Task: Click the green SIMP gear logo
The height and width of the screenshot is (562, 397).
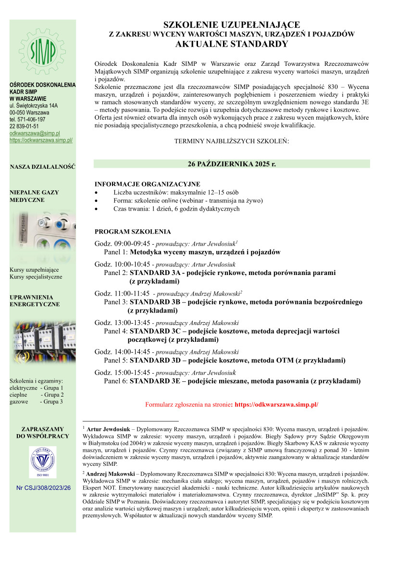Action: (x=42, y=50)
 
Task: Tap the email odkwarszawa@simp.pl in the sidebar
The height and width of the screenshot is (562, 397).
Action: (x=35, y=133)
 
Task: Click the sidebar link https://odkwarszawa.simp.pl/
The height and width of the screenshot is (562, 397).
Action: (x=41, y=140)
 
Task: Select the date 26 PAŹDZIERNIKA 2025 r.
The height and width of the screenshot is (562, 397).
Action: (x=232, y=164)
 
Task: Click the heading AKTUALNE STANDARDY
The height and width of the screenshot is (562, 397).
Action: (x=232, y=44)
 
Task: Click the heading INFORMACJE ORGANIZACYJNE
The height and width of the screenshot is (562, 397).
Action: (x=147, y=184)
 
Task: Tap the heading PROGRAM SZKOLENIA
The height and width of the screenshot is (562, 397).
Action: (x=133, y=232)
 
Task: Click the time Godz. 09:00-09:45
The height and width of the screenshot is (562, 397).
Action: (x=123, y=244)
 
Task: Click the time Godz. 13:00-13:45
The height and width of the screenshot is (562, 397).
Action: (x=123, y=323)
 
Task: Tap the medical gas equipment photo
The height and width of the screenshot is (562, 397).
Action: (x=42, y=235)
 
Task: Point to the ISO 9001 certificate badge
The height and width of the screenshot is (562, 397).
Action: (x=42, y=462)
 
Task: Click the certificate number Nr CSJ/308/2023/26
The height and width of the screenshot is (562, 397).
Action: (x=43, y=487)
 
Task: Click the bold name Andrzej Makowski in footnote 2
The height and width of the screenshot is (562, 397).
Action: (x=108, y=474)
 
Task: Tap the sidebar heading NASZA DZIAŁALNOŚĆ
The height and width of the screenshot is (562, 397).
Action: (x=43, y=167)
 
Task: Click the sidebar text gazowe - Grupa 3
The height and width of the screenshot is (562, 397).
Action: (x=37, y=401)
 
